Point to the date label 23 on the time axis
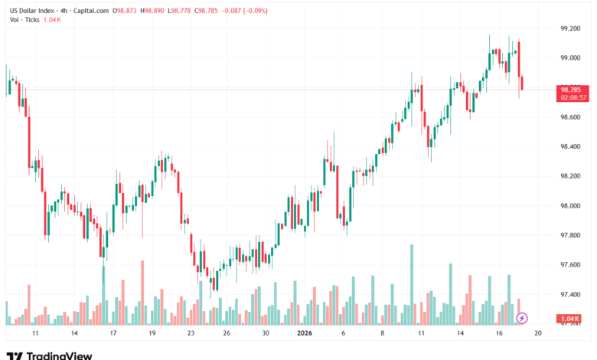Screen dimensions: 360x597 click(x=191, y=334)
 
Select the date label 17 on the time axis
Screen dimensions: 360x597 click(x=113, y=334)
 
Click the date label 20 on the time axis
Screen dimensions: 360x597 click(x=538, y=334)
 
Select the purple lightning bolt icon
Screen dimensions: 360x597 click(x=522, y=317)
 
